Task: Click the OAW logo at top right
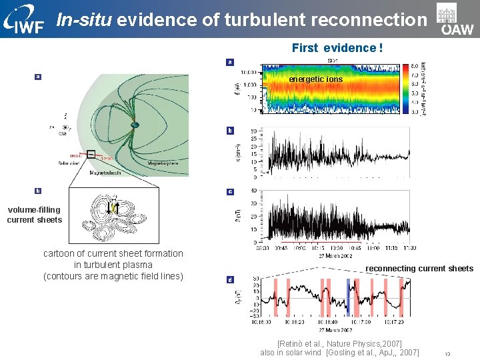point(456,20)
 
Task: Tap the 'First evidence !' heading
point(337,48)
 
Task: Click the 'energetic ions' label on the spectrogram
point(315,79)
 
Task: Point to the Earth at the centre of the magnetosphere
point(135,125)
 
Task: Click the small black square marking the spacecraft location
point(91,155)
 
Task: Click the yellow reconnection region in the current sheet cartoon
point(114,208)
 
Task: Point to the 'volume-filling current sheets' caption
point(34,215)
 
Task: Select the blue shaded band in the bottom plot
point(347,296)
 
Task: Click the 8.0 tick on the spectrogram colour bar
point(415,65)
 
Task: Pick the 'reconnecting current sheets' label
point(419,269)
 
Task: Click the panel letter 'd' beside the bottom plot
point(230,280)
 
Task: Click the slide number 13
point(448,354)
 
